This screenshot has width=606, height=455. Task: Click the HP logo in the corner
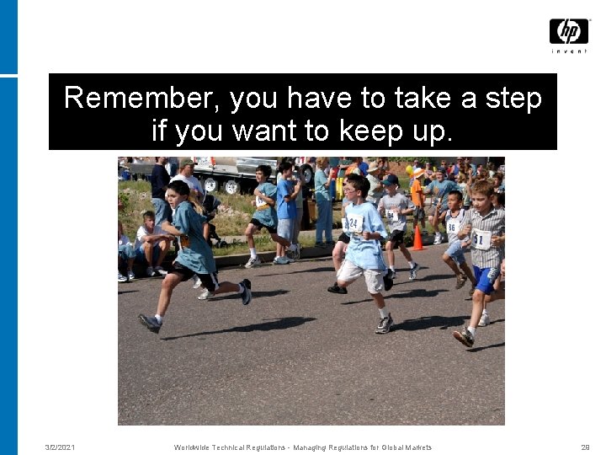tap(569, 31)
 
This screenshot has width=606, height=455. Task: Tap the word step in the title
tap(513, 99)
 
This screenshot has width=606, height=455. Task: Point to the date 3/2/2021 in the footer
tap(60, 447)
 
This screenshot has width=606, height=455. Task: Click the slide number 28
tap(585, 447)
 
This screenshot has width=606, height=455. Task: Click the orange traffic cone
tap(417, 238)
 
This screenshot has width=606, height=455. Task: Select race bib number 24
tap(355, 223)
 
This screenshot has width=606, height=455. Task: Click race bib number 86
tap(452, 227)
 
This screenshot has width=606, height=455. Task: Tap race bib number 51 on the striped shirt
tap(482, 240)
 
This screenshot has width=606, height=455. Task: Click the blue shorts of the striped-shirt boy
tap(484, 279)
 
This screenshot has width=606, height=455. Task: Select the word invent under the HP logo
tap(569, 51)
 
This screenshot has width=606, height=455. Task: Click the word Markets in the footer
tap(418, 447)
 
